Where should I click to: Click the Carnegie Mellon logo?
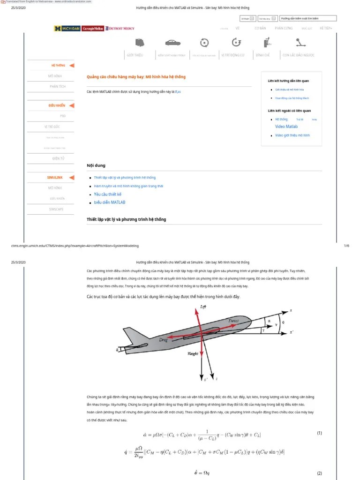pos(92,29)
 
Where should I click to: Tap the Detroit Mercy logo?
pos(120,29)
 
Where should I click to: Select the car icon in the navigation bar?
pos(172,43)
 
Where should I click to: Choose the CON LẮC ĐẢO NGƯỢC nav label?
pos(298,55)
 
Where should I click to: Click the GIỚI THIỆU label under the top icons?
pos(135,55)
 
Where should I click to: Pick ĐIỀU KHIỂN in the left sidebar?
pos(57,105)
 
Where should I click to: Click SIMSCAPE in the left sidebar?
pos(56,209)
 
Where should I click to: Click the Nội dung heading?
pos(96,165)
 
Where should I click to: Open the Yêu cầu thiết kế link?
pos(107,194)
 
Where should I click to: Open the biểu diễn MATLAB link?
pos(110,202)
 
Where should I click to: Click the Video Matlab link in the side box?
pos(286,127)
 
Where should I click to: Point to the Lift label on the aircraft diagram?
pos(203,307)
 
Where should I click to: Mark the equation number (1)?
pos(319,433)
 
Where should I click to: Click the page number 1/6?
pos(347,246)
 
